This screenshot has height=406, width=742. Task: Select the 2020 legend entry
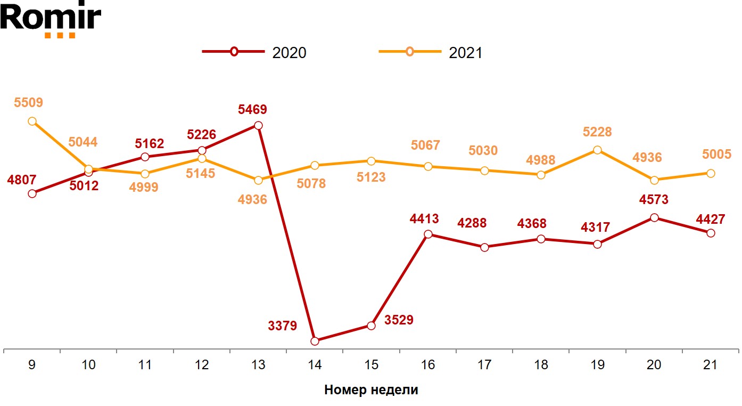[x=254, y=52]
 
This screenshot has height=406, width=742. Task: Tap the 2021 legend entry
[x=430, y=52]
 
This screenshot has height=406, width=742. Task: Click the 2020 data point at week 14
[x=315, y=340]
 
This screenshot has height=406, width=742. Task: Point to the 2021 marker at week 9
[x=32, y=121]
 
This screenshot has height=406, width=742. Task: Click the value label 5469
[x=252, y=110]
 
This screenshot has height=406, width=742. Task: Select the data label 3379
[x=282, y=326]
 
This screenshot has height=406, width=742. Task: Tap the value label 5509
[x=28, y=102]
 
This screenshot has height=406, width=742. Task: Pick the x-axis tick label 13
[x=258, y=365]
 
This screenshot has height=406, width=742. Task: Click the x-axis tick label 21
[x=710, y=365]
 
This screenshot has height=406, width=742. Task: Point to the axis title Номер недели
[x=371, y=390]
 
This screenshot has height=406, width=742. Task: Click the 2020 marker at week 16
[x=428, y=234]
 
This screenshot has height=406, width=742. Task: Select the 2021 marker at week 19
[x=597, y=150]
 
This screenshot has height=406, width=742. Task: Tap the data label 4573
[x=654, y=200]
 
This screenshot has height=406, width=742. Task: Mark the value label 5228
[x=597, y=132]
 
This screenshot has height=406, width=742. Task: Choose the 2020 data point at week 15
[x=372, y=326]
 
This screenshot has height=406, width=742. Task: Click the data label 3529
[x=399, y=320]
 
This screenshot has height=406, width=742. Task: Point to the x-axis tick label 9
[x=32, y=365]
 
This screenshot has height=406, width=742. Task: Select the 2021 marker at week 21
[x=710, y=173]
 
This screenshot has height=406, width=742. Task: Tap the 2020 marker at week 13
[x=258, y=126]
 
